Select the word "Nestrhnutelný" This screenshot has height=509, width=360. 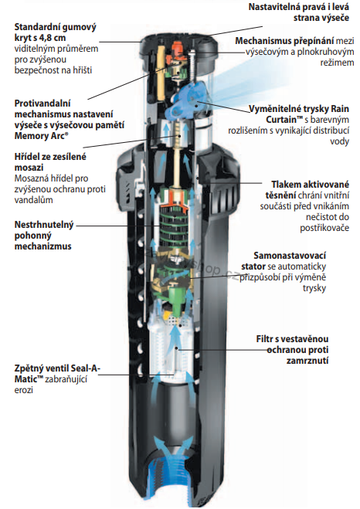(44, 225)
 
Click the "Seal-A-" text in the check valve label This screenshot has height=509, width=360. (84, 368)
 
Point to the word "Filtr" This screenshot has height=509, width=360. (264, 339)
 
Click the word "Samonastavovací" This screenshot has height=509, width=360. (290, 256)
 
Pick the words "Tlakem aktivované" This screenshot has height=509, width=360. (310, 185)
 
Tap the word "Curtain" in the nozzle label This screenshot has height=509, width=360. (281, 120)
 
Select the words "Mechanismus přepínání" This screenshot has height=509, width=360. (284, 41)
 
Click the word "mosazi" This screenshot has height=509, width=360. (29, 168)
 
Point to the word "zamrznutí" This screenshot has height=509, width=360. (307, 361)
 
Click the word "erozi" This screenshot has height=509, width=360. (24, 390)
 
